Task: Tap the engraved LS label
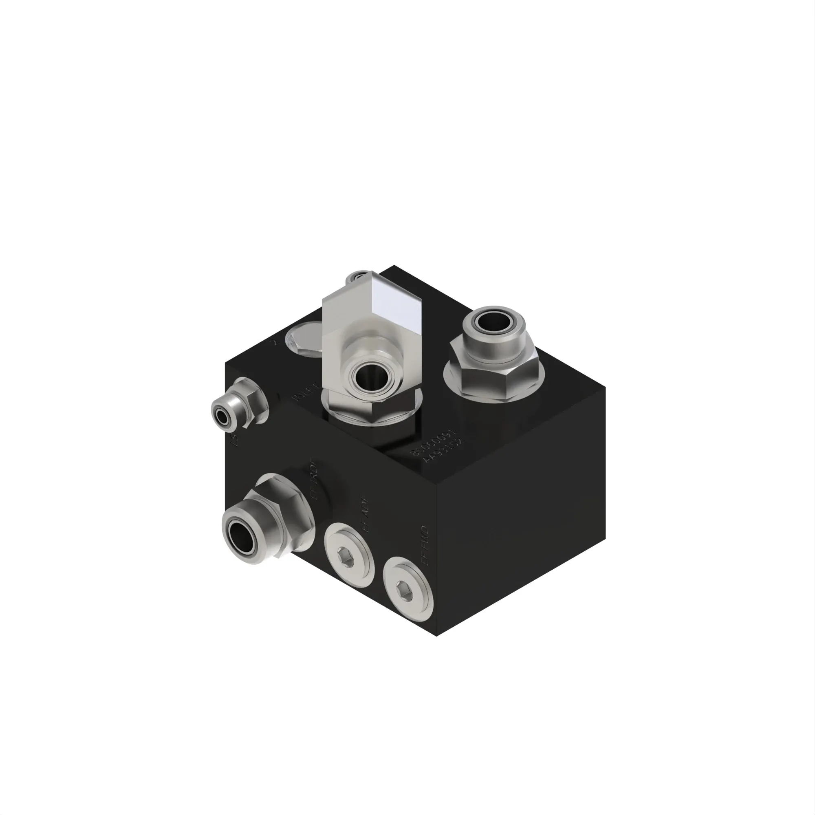click(237, 441)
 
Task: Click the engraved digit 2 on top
click(276, 342)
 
